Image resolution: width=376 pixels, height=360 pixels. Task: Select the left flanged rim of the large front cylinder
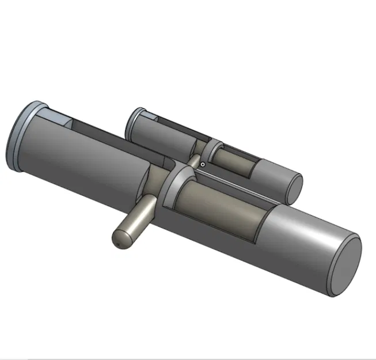(x=17, y=138)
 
